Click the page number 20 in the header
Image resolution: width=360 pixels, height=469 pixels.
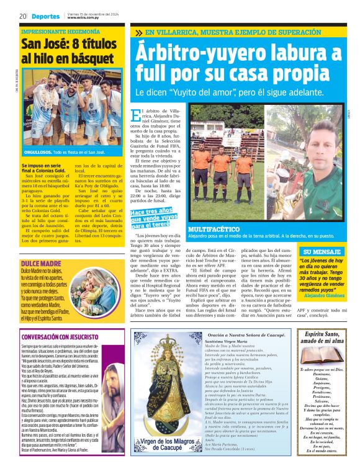click(x=22, y=16)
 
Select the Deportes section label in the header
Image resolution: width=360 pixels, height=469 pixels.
click(x=47, y=16)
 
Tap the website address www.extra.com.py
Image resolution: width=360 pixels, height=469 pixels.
click(x=83, y=18)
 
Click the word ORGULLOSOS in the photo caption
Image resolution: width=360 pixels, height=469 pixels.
click(x=37, y=152)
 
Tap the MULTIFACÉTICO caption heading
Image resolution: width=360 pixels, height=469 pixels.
click(x=214, y=230)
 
